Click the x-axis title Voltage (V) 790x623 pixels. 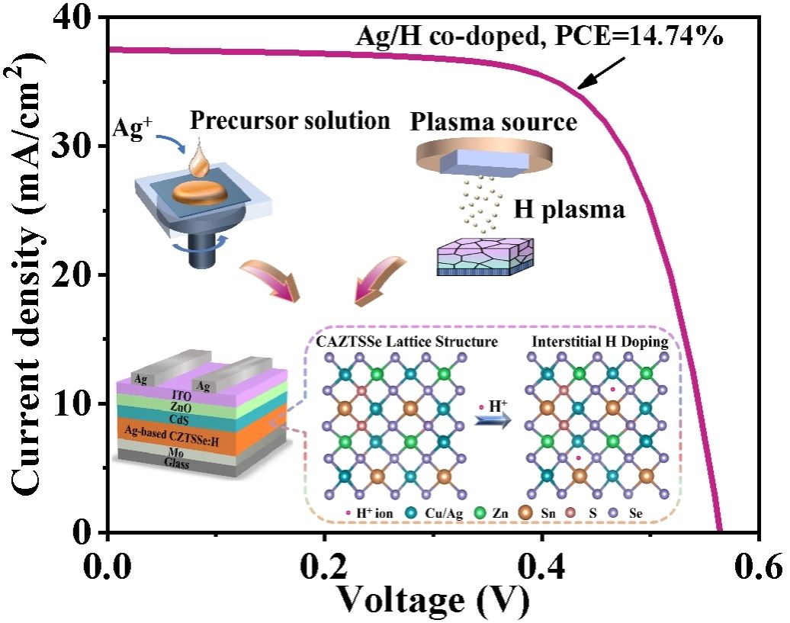(433, 601)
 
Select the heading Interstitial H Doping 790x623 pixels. (600, 342)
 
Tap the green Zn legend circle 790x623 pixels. (478, 515)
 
